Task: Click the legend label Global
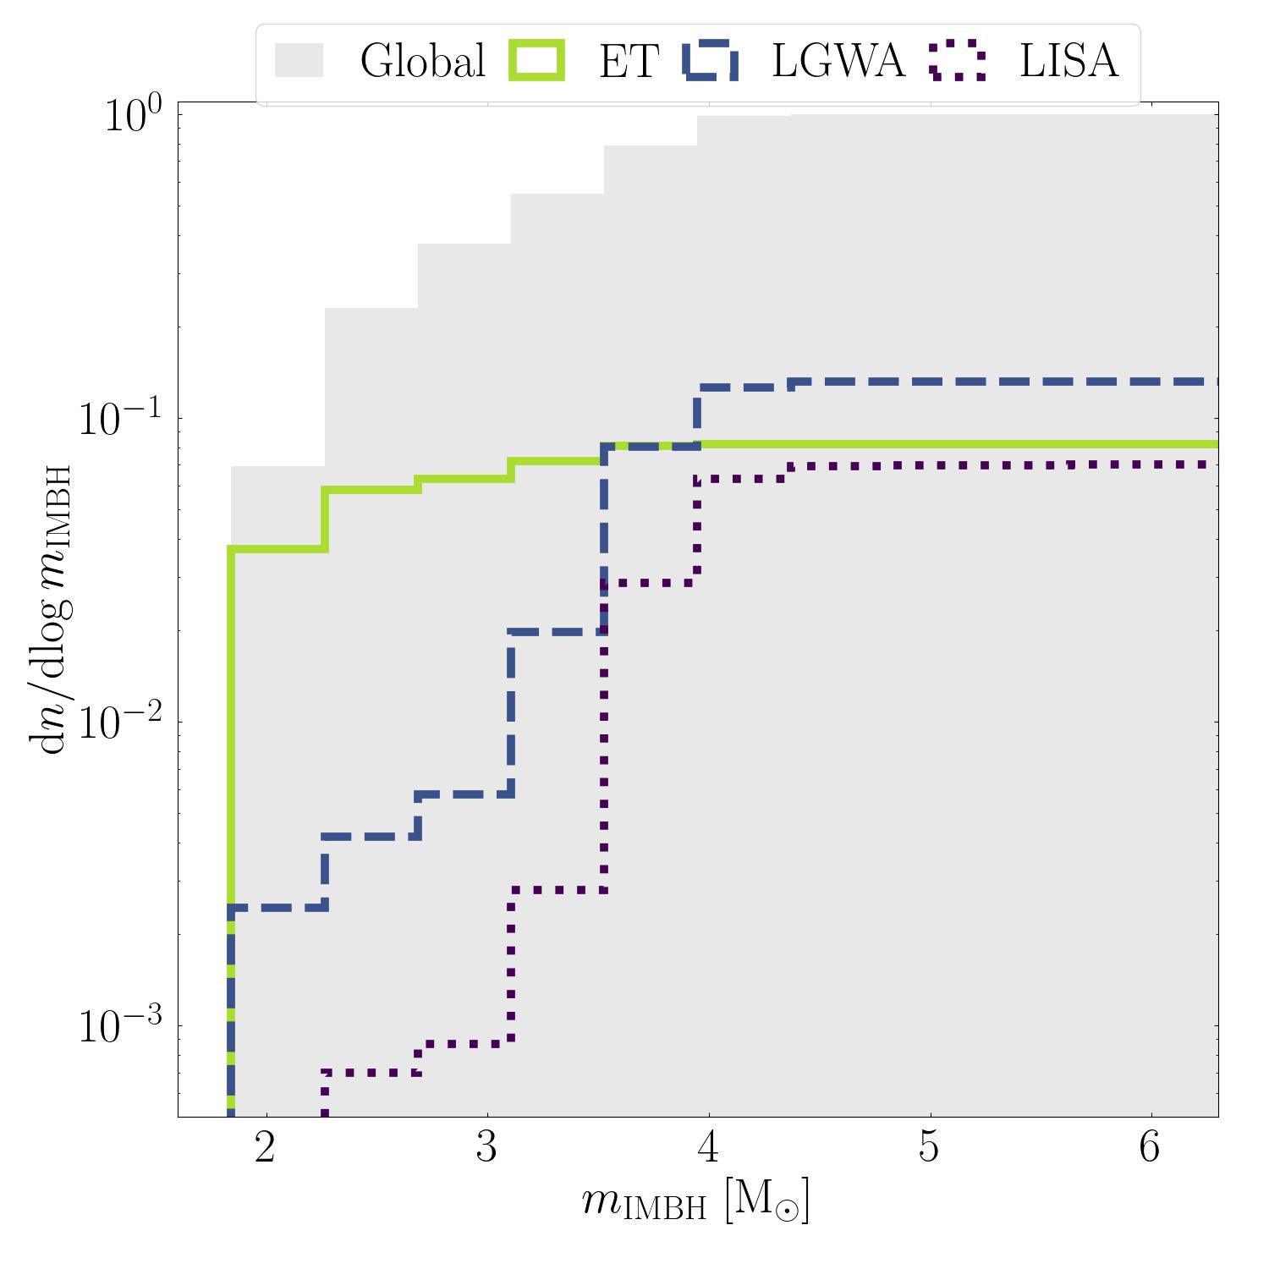point(422,62)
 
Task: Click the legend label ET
point(629,62)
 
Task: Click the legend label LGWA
point(838,62)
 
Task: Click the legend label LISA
point(1068,62)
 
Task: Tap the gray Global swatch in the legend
point(299,61)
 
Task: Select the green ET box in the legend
point(536,61)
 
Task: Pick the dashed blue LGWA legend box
point(710,61)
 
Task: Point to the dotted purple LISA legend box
point(957,61)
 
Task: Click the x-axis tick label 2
point(265,1148)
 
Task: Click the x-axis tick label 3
point(486,1148)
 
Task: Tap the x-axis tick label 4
point(708,1148)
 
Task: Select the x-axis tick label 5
point(929,1148)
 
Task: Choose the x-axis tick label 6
point(1150,1148)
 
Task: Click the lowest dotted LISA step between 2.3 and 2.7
point(371,1072)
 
